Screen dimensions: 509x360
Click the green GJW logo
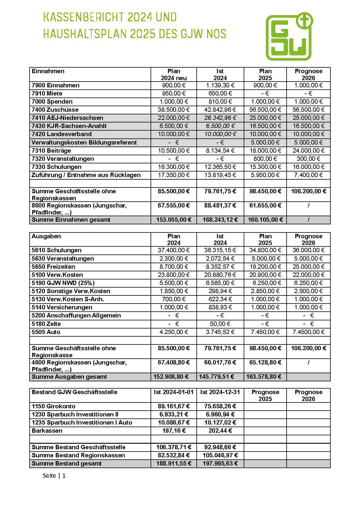tap(289, 37)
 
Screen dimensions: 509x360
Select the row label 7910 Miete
tap(47, 93)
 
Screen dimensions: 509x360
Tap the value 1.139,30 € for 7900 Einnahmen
tap(220, 85)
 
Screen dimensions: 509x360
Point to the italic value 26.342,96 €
tap(220, 118)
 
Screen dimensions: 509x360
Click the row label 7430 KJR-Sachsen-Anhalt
tap(69, 126)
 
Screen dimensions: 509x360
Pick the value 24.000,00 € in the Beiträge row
tap(308, 151)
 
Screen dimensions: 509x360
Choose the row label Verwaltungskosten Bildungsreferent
tap(84, 142)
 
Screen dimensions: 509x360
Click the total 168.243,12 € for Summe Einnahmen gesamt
tap(220, 220)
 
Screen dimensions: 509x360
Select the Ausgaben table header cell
tap(46, 236)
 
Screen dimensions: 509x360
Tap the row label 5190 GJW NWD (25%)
tap(63, 283)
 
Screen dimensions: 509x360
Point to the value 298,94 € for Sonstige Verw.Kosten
tap(220, 291)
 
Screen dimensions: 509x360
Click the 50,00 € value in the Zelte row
tap(220, 324)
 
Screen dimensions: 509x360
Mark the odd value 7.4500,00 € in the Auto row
tap(308, 332)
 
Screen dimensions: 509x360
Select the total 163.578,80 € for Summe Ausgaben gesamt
tap(264, 377)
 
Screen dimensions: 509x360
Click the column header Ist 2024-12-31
tap(220, 392)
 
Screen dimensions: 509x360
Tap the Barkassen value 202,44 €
tap(220, 431)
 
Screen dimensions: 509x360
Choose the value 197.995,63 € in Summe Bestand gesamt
tap(220, 463)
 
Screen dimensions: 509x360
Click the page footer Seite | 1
tap(54, 476)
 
